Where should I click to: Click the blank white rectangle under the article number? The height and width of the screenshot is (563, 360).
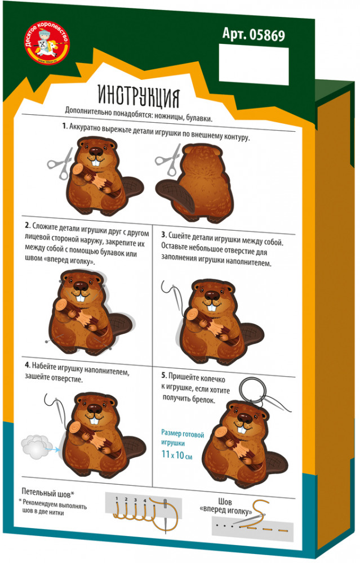[254, 65]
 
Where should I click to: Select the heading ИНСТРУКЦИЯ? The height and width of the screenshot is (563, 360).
[139, 96]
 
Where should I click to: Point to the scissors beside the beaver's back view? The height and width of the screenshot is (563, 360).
[168, 160]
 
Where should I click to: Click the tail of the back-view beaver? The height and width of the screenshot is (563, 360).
[175, 195]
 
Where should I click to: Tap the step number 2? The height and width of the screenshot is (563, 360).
[27, 226]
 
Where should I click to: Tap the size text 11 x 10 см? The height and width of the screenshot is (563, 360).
[177, 454]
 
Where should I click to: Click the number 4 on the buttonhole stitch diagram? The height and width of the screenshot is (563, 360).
[145, 500]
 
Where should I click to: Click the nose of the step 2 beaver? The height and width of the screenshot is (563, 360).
[81, 286]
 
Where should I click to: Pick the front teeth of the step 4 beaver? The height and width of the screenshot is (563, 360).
[94, 420]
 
